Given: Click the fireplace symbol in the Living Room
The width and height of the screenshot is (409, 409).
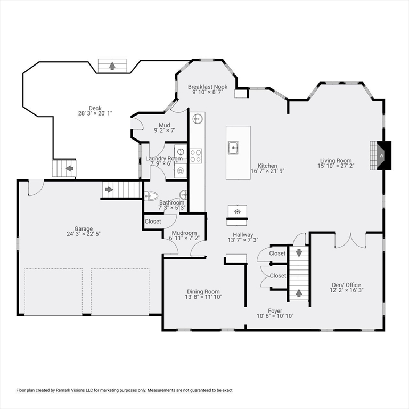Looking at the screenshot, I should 381,155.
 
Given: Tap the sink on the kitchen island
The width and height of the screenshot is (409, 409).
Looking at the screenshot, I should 233,147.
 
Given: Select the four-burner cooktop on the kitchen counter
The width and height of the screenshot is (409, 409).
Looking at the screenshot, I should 195,156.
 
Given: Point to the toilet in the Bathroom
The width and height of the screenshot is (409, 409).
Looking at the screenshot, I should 151,195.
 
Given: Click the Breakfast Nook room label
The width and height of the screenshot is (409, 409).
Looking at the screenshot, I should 207,87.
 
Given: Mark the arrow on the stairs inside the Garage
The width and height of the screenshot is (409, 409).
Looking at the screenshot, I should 109,189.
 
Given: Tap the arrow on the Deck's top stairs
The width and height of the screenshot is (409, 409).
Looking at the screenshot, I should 112,66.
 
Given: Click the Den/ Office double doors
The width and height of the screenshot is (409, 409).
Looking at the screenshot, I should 350,241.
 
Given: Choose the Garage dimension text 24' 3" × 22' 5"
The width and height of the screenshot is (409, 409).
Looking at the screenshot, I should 83,234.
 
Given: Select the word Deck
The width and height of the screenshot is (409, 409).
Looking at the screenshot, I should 95,108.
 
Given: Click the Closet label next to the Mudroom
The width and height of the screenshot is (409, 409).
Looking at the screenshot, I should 153,222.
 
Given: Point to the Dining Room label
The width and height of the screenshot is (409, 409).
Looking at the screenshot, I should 203,291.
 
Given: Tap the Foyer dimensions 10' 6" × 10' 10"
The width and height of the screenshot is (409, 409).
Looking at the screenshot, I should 275,316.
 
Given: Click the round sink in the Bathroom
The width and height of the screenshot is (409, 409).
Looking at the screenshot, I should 184,195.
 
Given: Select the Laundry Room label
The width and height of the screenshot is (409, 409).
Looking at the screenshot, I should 164,159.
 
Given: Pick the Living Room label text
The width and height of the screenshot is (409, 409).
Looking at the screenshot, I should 336,161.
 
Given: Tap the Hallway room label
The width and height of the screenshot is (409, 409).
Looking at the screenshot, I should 242,235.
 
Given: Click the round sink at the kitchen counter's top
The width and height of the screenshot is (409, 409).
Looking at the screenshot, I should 198,119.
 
